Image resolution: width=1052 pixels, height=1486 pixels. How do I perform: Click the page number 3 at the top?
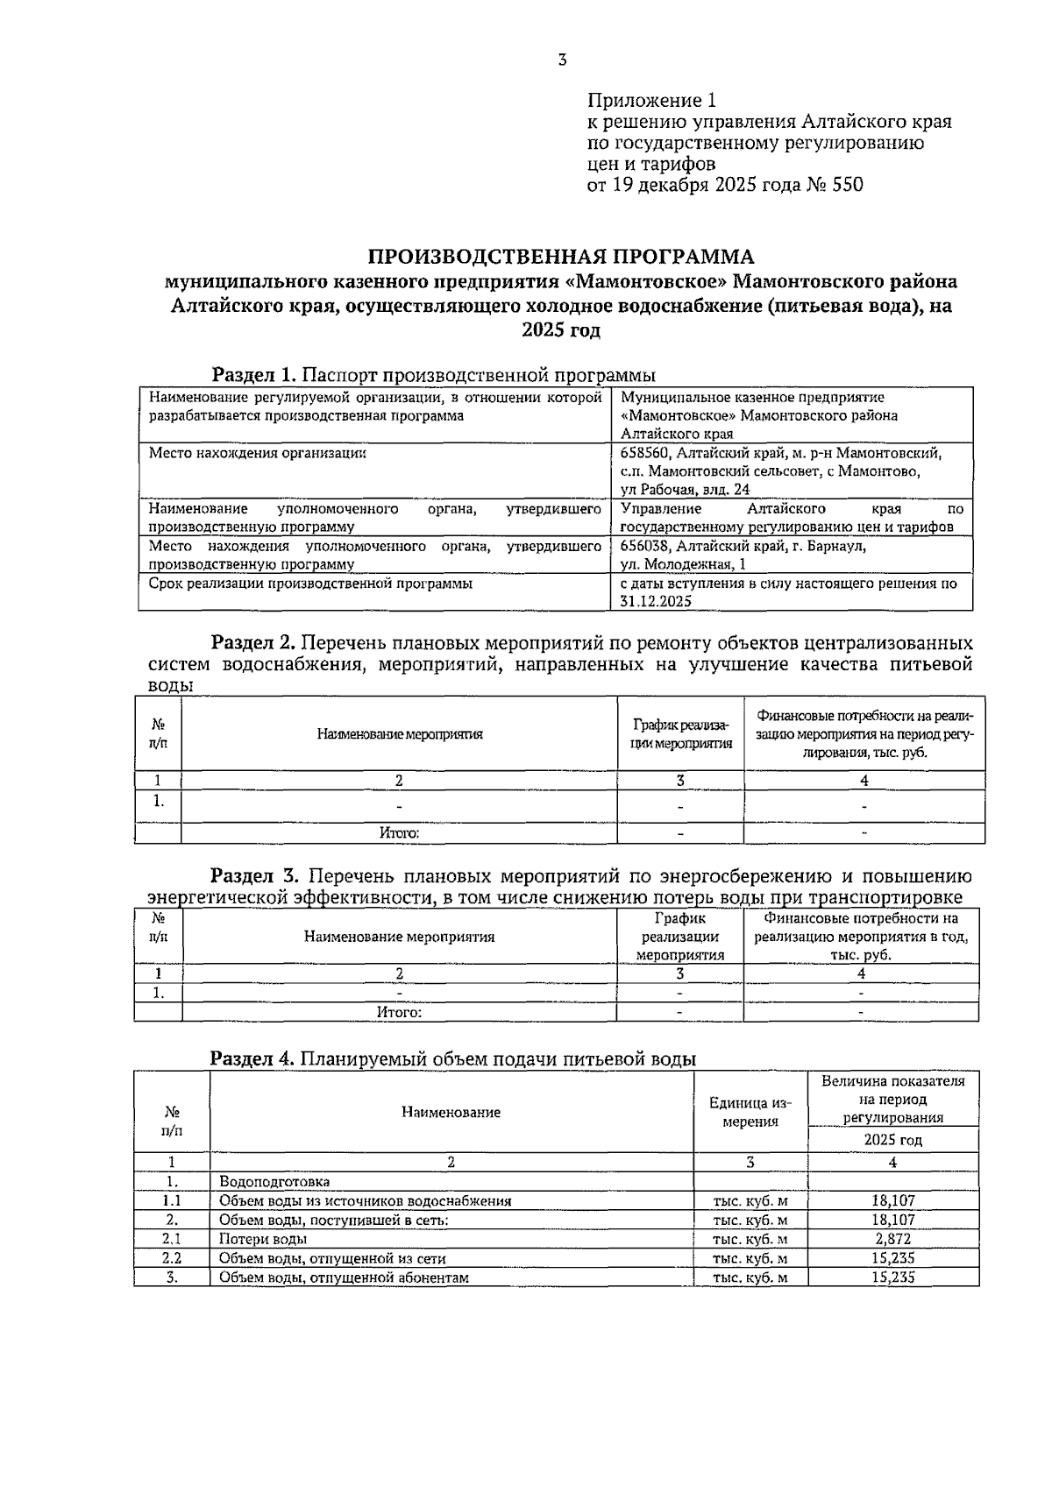pyautogui.click(x=562, y=60)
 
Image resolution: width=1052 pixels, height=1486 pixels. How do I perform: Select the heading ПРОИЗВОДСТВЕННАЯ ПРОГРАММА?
pyautogui.click(x=561, y=257)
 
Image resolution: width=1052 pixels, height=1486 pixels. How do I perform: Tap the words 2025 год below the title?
pyautogui.click(x=561, y=331)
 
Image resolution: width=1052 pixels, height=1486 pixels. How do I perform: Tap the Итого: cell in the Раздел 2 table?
pyautogui.click(x=399, y=832)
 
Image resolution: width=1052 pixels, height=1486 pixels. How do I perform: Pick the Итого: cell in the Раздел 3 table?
pyautogui.click(x=399, y=1012)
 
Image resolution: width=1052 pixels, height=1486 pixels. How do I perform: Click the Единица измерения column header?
pyautogui.click(x=750, y=1112)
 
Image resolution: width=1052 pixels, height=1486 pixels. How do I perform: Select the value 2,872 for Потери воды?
pyautogui.click(x=892, y=1239)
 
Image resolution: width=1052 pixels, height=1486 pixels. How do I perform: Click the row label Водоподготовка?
pyautogui.click(x=274, y=1181)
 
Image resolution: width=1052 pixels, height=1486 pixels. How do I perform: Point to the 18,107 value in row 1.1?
pyautogui.click(x=892, y=1200)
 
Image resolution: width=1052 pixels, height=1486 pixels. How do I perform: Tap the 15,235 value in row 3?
pyautogui.click(x=892, y=1277)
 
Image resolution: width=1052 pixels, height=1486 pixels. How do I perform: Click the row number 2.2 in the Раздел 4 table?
pyautogui.click(x=172, y=1258)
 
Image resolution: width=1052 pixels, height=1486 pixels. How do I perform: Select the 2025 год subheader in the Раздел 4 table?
pyautogui.click(x=892, y=1140)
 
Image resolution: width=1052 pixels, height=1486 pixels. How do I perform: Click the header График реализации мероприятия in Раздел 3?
pyautogui.click(x=680, y=937)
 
